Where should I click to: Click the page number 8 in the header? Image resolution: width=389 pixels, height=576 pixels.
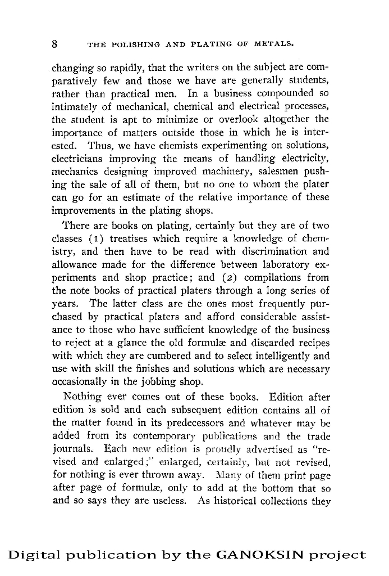coord(55,43)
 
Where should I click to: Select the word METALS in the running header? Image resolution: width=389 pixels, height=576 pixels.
coord(271,44)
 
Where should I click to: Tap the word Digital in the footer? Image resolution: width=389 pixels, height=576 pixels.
coord(33,555)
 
